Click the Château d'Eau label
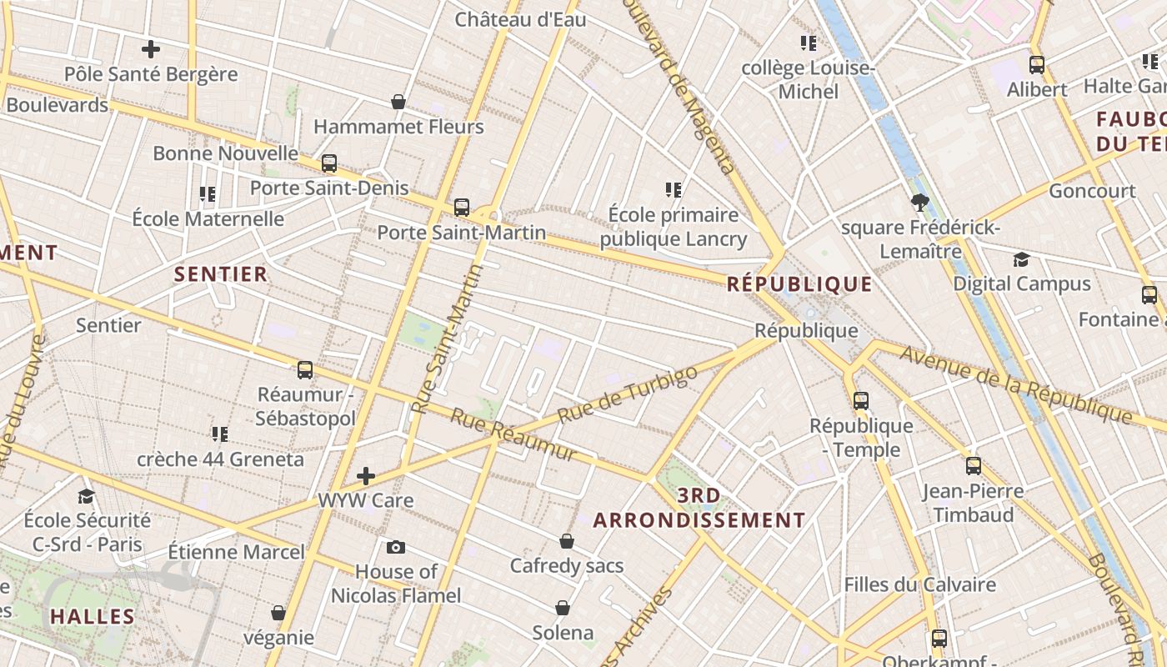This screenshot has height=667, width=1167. coord(520,19)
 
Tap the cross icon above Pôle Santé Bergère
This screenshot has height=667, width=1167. coord(151,49)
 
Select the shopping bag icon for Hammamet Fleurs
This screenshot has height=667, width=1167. coord(398,102)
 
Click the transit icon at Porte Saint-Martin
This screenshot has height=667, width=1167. coord(462,208)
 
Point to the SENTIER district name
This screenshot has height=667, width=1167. coord(221,273)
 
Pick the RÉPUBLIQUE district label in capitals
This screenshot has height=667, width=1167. coord(799,284)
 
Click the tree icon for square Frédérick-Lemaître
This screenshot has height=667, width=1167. coord(920,202)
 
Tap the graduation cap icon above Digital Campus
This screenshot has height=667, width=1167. coord(1021,259)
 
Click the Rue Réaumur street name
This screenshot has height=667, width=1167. coord(513,434)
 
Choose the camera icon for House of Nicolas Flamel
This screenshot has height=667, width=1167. coord(396,547)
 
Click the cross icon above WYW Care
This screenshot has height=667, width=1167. coord(365,476)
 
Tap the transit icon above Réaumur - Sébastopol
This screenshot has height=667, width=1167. coord(305,369)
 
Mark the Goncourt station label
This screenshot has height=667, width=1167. coord(1092,191)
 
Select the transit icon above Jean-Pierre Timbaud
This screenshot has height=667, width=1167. coord(973,466)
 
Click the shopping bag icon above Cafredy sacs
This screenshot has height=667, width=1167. coord(567,541)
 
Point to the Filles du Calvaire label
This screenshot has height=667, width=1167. coord(920,584)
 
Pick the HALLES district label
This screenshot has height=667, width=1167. coord(92,617)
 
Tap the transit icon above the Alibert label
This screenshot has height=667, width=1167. coord(1037,64)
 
